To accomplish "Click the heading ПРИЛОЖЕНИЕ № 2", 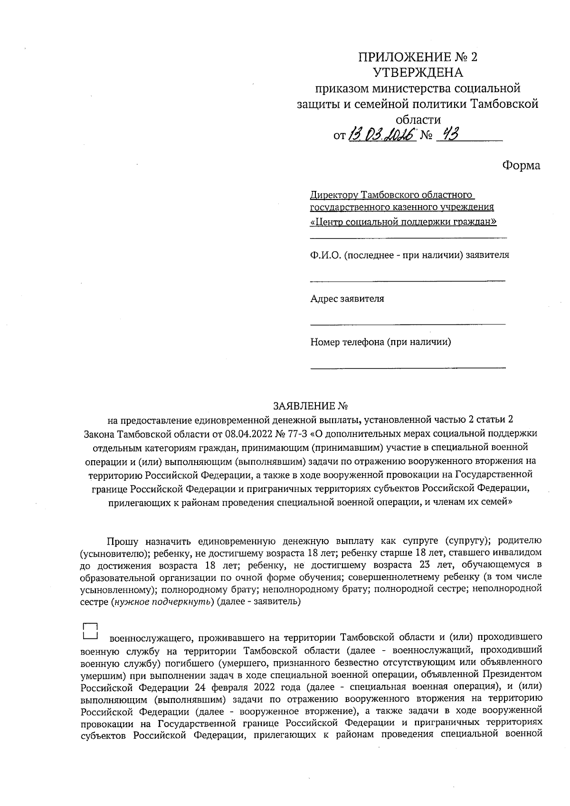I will (418, 57).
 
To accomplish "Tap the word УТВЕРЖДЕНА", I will (418, 73).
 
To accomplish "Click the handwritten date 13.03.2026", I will (382, 135).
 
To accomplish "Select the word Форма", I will (521, 165).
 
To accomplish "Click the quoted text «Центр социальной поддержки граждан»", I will (403, 222).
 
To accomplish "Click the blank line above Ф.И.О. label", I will (408, 237).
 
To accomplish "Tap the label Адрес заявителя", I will (347, 299).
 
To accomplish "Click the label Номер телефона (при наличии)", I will (380, 342).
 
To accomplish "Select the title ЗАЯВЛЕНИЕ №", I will (311, 407).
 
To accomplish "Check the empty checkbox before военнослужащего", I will (90, 630).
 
